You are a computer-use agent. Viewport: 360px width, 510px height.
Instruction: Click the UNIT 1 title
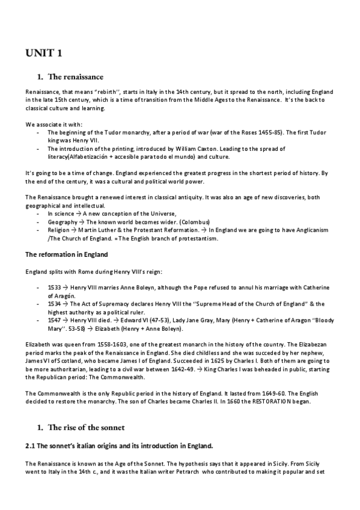pos(43,54)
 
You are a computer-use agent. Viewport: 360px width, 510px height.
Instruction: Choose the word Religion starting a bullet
pos(58,230)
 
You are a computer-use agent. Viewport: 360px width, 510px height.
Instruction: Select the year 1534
pos(55,304)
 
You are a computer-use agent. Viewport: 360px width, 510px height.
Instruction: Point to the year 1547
pos(55,321)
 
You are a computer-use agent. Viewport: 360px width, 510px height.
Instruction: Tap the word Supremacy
pos(110,304)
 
